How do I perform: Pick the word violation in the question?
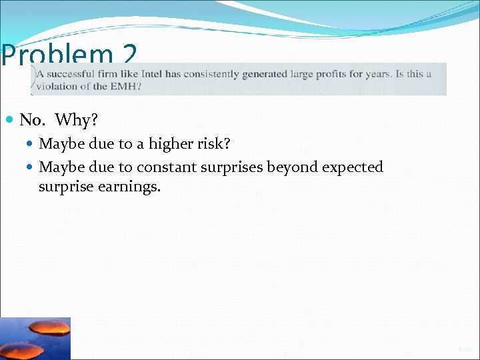pyautogui.click(x=58, y=86)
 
